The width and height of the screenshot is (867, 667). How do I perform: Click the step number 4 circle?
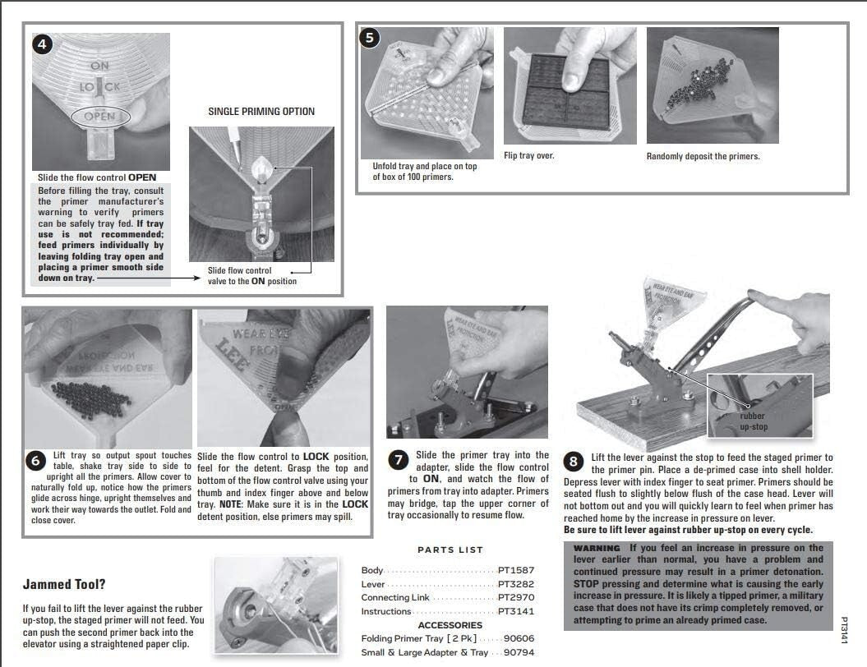[x=43, y=44]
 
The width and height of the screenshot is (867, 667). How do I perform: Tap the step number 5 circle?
[x=371, y=38]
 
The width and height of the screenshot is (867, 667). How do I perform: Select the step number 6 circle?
[x=35, y=461]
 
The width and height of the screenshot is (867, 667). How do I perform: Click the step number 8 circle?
[x=574, y=461]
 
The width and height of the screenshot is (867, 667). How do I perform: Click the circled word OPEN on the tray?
[x=99, y=116]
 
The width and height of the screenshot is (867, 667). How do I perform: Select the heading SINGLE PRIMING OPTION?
[x=261, y=112]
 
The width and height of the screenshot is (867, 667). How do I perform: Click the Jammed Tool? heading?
[x=63, y=585]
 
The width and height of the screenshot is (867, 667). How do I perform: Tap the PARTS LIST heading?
[x=450, y=550]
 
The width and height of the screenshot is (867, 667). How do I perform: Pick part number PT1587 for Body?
[x=516, y=570]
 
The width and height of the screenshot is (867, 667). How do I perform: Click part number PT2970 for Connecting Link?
[x=516, y=597]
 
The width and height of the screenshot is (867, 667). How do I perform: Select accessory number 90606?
[x=519, y=638]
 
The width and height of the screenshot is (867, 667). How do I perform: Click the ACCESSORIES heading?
[x=450, y=625]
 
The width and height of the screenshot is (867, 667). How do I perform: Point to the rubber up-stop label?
[x=754, y=421]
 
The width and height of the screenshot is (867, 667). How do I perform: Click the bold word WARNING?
[x=597, y=548]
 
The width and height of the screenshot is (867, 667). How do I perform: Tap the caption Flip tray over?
[x=529, y=155]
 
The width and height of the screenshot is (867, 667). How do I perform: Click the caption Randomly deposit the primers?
[x=703, y=156]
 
